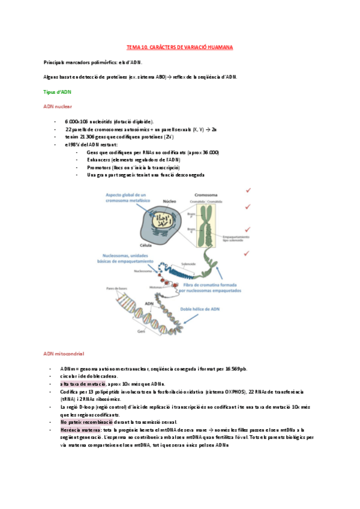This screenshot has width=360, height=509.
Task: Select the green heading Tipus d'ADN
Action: coord(57,92)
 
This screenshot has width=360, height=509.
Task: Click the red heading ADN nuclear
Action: coord(57,107)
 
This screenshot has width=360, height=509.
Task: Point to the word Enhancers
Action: coord(98,160)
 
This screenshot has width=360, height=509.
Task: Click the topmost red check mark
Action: coord(247,190)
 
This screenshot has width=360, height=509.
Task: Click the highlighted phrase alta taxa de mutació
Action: coord(83,383)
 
